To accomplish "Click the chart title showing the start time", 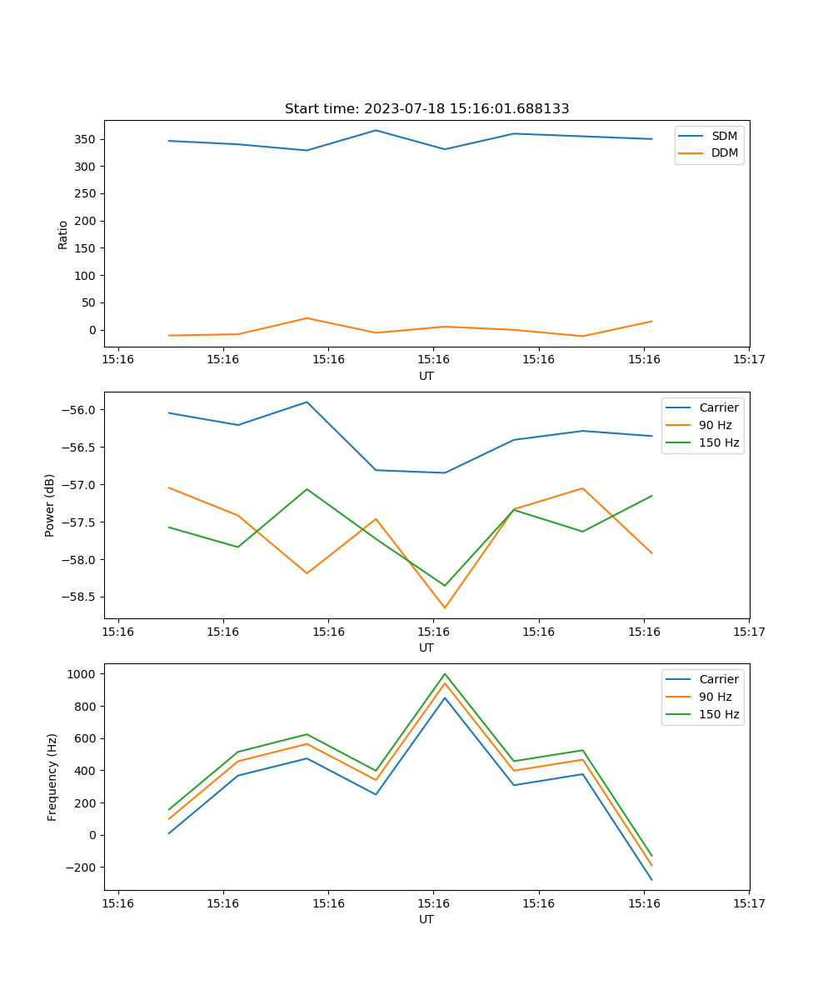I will [426, 109].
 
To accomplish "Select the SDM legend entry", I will [724, 136].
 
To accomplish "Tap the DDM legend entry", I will [724, 152].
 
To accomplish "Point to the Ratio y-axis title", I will [63, 234].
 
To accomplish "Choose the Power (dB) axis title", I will [50, 505].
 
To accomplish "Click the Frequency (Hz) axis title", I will [52, 777].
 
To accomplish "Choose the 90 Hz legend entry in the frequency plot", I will [715, 697].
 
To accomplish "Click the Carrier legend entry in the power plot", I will [718, 407].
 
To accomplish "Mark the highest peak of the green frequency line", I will [445, 673].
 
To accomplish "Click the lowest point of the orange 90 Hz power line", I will [445, 607].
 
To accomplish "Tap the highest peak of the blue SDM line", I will [376, 130].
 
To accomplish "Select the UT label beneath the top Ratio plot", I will [426, 376].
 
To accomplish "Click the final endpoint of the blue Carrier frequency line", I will [651, 880].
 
